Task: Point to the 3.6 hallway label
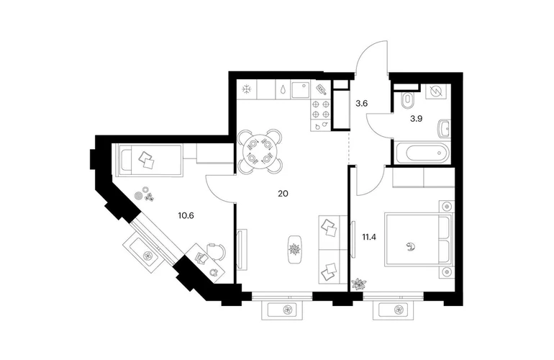click(362, 104)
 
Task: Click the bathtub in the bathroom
click(422, 153)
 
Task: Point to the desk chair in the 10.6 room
click(214, 251)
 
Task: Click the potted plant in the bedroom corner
click(358, 283)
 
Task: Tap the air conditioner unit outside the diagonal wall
click(146, 254)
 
